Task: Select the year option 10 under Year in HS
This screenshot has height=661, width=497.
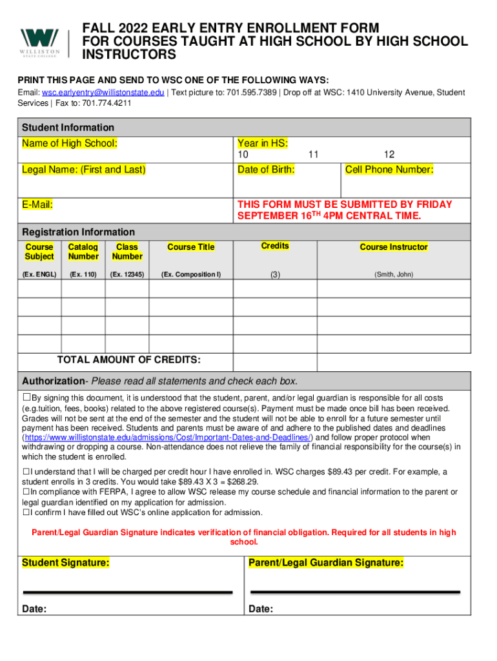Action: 243,155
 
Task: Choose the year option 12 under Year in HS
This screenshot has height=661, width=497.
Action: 389,155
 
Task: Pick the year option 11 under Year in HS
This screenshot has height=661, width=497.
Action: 314,155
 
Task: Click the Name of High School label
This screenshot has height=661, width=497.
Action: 70,143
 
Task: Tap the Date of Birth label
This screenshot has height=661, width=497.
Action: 266,170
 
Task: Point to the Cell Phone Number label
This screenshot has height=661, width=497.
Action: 389,170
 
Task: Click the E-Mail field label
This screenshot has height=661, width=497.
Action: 37,205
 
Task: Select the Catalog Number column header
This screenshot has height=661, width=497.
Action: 83,252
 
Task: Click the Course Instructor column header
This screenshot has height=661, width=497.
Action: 394,247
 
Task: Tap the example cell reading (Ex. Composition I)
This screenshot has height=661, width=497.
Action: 191,274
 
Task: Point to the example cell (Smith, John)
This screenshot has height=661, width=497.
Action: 394,274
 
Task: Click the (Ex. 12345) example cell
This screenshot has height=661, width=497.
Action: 127,274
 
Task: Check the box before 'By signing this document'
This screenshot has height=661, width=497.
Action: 26,398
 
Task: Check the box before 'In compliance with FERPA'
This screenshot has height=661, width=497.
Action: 26,493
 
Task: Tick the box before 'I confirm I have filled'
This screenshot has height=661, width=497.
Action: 26,513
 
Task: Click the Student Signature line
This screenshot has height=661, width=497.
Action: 127,591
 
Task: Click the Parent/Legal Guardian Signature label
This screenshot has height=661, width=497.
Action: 326,563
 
